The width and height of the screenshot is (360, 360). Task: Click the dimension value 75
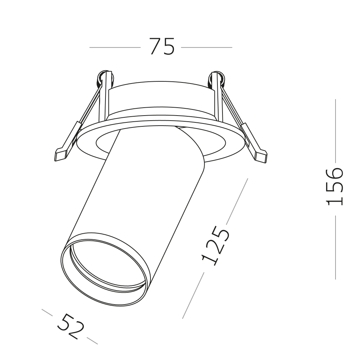coord(162,47)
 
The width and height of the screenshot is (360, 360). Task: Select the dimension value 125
coord(215,246)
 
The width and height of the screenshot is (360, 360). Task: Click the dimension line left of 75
coord(114,47)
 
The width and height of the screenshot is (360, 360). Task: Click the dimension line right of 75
coord(207,47)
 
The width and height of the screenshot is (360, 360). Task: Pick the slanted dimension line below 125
coord(193,295)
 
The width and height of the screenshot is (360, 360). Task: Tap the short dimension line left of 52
coord(47,312)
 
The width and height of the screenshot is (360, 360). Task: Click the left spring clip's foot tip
coord(60,156)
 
